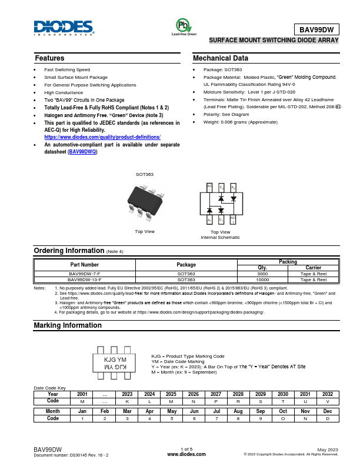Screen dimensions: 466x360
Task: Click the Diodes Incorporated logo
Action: pos(63,28)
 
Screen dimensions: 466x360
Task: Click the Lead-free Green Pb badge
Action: pos(184,26)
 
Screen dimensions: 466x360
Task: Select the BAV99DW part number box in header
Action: pos(316,29)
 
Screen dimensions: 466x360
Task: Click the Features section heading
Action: pos(49,58)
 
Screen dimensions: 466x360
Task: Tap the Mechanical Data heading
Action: pos(221,58)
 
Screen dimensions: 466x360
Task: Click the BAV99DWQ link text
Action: pos(82,152)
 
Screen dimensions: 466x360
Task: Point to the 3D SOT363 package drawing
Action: pos(145,202)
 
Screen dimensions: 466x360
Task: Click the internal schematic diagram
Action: pos(221,204)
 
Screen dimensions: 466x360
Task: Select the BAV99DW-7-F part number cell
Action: pos(85,274)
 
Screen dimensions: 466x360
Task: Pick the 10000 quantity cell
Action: pos(262,279)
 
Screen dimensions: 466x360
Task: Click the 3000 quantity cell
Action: pos(262,274)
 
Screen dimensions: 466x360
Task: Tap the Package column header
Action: pos(186,264)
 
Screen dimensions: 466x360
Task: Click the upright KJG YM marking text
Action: pos(115,360)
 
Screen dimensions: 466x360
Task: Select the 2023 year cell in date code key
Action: pos(127,394)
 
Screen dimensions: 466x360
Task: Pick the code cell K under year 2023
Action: pos(127,400)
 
